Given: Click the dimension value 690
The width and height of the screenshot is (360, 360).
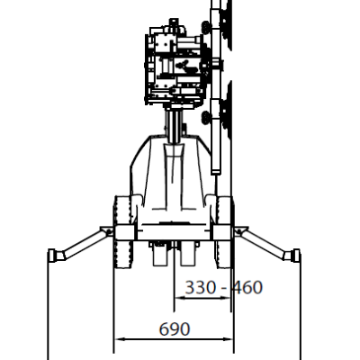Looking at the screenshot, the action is (175, 329).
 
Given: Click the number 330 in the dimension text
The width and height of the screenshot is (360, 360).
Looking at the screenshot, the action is (201, 287).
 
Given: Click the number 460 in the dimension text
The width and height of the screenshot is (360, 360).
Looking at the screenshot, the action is (247, 287).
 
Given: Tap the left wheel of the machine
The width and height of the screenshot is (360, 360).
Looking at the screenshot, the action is (122, 232).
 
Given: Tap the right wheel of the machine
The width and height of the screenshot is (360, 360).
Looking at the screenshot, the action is (224, 232).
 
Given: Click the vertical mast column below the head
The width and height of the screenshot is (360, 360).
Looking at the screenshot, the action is (174, 126).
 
